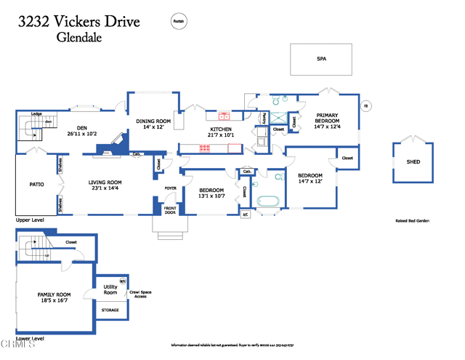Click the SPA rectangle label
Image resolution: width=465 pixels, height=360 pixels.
321,59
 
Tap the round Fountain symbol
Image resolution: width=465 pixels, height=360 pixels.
177,23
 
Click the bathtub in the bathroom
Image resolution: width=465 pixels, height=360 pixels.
269,200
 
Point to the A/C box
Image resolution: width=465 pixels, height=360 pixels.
245,214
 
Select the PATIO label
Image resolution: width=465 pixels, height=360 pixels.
36,184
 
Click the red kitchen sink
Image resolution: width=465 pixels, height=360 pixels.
225,116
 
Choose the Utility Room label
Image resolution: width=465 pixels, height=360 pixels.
110,289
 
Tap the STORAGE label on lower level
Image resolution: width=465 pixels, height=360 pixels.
110,310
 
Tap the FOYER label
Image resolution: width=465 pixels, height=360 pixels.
170,188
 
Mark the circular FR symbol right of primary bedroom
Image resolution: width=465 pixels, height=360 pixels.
367,105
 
